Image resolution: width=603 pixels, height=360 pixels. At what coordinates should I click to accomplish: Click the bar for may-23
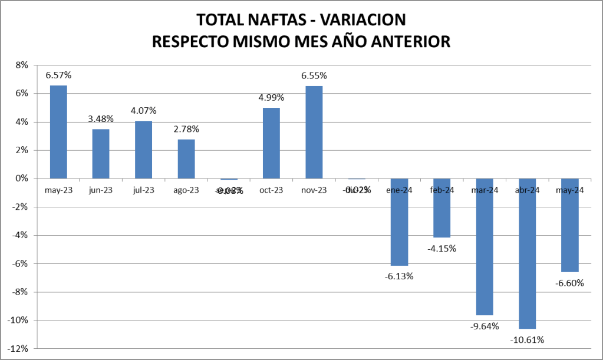[x=58, y=132]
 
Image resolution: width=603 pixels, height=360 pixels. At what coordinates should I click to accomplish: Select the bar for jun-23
[x=101, y=154]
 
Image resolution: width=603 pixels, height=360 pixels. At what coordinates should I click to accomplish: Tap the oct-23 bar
[x=271, y=143]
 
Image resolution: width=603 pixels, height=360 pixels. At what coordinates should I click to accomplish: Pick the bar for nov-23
[x=314, y=132]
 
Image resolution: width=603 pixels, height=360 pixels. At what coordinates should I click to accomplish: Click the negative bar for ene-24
[x=399, y=222]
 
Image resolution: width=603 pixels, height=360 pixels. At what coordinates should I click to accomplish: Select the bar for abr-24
[x=527, y=253]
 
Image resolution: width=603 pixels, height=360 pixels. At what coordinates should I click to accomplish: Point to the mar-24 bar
[x=485, y=247]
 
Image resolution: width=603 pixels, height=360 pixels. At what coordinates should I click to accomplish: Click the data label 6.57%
[x=58, y=75]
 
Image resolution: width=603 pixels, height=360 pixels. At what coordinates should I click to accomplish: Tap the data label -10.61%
[x=528, y=339]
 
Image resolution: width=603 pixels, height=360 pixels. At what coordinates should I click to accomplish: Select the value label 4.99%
[x=271, y=97]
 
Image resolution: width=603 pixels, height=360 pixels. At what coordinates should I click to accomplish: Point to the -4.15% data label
[x=442, y=248]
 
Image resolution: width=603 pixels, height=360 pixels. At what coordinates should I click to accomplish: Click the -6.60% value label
[x=570, y=283]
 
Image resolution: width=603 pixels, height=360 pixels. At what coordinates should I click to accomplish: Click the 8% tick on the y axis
[x=22, y=65]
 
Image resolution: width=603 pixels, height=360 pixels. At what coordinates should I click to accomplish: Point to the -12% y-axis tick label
[x=19, y=348]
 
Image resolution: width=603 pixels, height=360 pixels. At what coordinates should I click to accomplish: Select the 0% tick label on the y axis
[x=22, y=179]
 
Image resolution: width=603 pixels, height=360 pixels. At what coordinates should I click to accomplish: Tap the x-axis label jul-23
[x=143, y=190]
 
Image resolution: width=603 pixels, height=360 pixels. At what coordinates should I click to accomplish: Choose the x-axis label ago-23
[x=186, y=190]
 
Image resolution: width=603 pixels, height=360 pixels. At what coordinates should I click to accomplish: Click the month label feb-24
[x=442, y=190]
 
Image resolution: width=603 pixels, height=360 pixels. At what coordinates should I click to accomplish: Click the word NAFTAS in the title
[x=271, y=19]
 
